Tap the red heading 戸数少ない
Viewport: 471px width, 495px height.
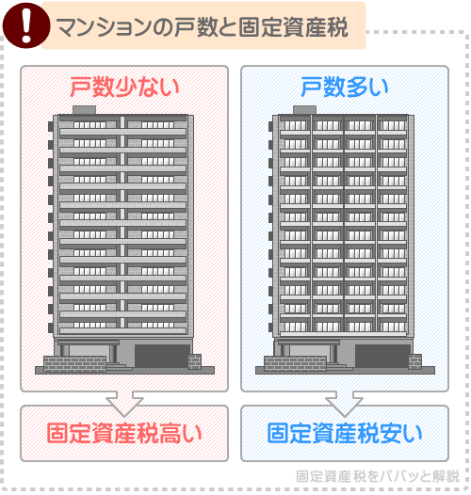click(x=124, y=88)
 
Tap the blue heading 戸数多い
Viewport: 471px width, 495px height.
click(x=344, y=88)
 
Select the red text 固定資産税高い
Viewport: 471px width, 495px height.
click(x=124, y=433)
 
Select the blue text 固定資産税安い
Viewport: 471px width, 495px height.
click(x=345, y=433)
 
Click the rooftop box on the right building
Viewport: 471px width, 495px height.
click(x=302, y=110)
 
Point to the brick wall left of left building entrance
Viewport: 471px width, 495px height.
click(x=62, y=363)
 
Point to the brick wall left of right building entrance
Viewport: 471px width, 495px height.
click(x=283, y=363)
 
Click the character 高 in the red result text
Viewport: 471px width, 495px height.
click(x=171, y=433)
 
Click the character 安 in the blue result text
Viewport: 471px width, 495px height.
click(x=392, y=433)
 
